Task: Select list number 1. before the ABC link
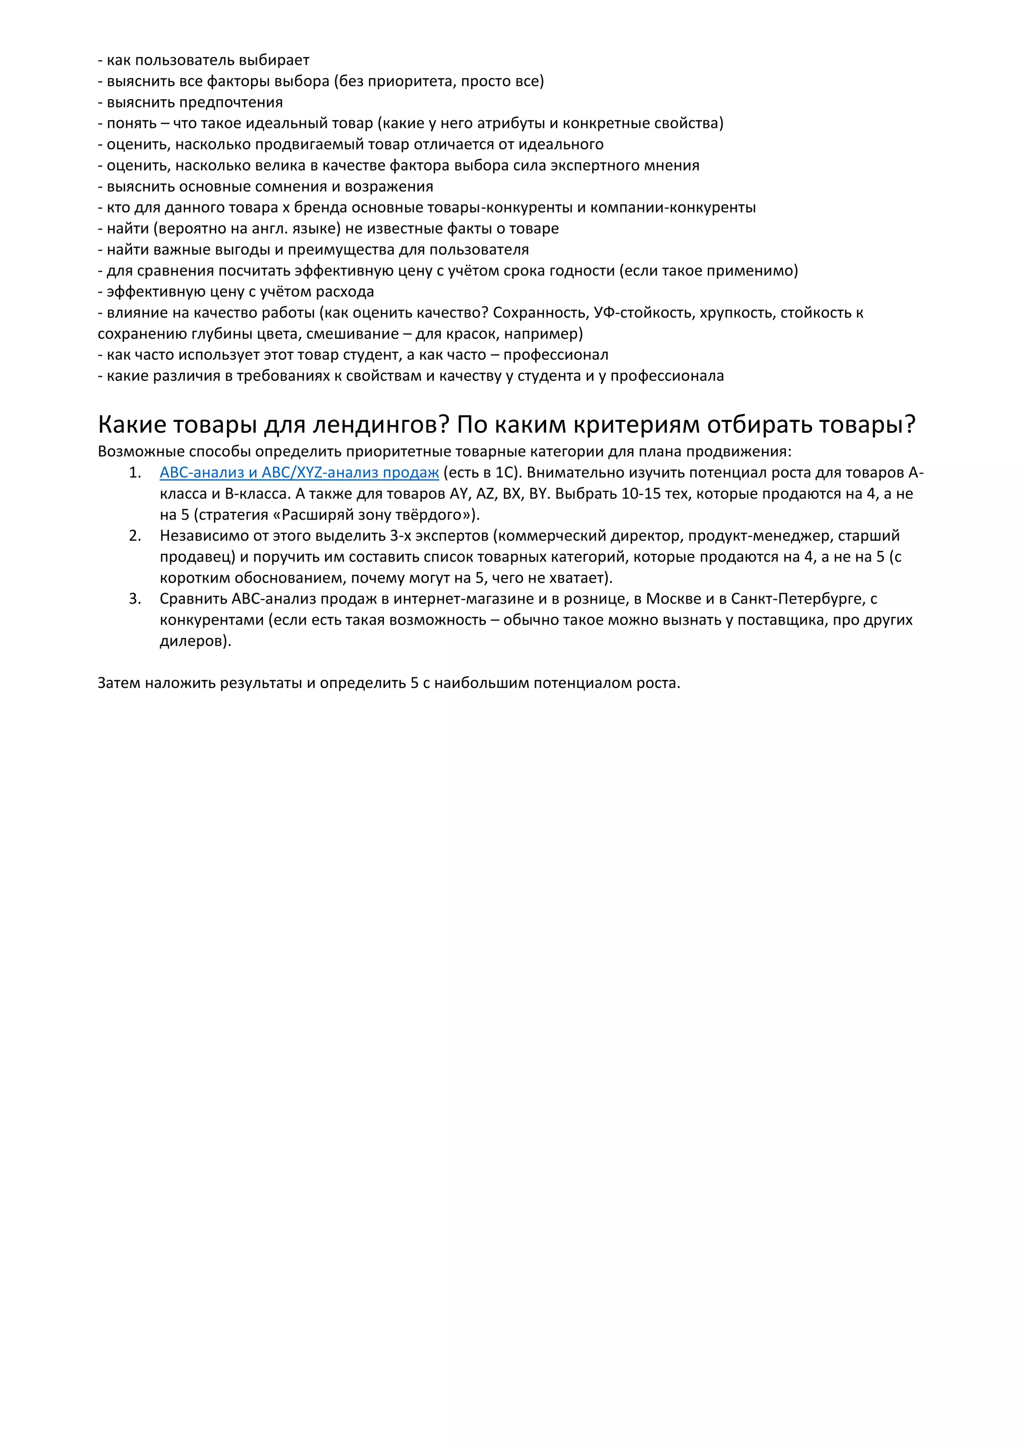coord(135,472)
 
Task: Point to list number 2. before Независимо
coord(135,536)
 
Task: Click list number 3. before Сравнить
coord(135,599)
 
